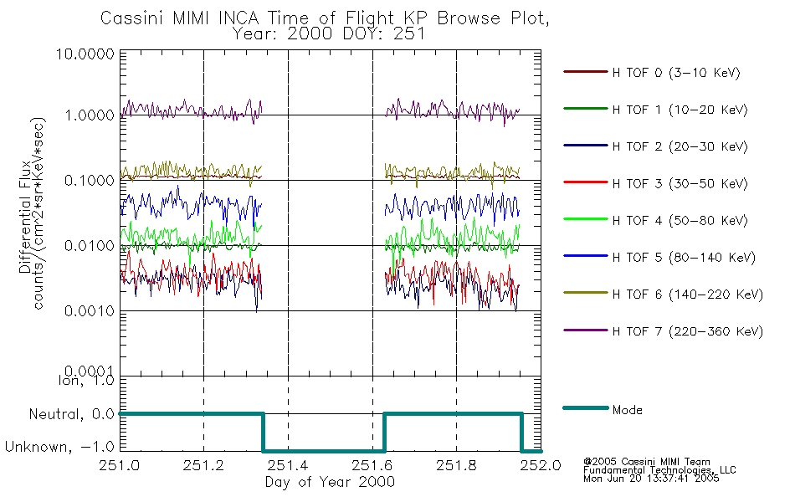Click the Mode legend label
pyautogui.click(x=628, y=410)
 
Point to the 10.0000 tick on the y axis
pyautogui.click(x=85, y=54)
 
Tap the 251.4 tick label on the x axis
pyautogui.click(x=288, y=466)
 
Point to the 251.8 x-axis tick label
pyautogui.click(x=456, y=466)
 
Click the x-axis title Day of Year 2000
pyautogui.click(x=330, y=482)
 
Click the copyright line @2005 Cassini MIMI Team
pyautogui.click(x=647, y=462)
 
